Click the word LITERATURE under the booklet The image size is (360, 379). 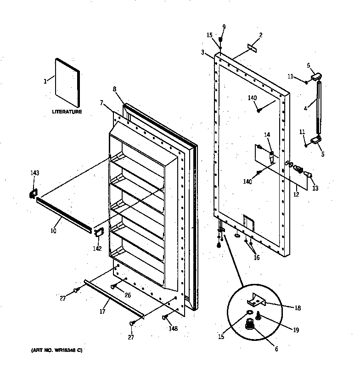pyautogui.click(x=67, y=112)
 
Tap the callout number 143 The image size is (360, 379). pyautogui.click(x=34, y=173)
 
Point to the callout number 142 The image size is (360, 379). pyautogui.click(x=97, y=248)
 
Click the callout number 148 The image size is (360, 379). pyautogui.click(x=173, y=328)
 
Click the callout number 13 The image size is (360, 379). pyautogui.click(x=315, y=188)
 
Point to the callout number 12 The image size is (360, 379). pyautogui.click(x=296, y=195)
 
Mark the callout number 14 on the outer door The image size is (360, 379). pyautogui.click(x=267, y=135)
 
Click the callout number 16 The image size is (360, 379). pyautogui.click(x=256, y=257)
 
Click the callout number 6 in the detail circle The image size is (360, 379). pyautogui.click(x=276, y=349)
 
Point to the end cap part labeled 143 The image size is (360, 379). pyautogui.click(x=33, y=194)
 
